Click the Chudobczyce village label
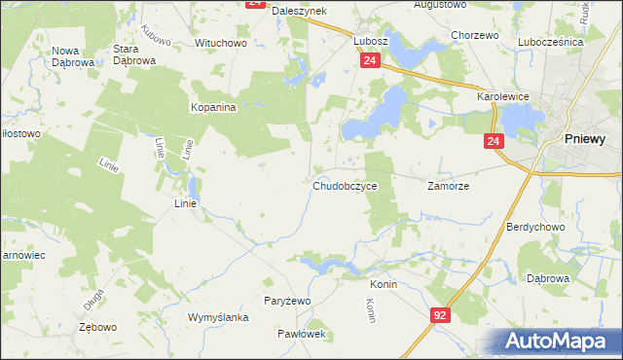coord(345,186)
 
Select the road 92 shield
coord(441,315)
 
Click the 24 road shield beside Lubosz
coord(369,60)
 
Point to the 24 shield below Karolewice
coord(495,142)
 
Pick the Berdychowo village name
coord(535,227)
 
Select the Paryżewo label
coord(287,302)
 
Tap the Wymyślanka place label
coord(219,318)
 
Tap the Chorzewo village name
coord(475,35)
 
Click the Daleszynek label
coord(299,10)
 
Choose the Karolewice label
coord(500,98)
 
